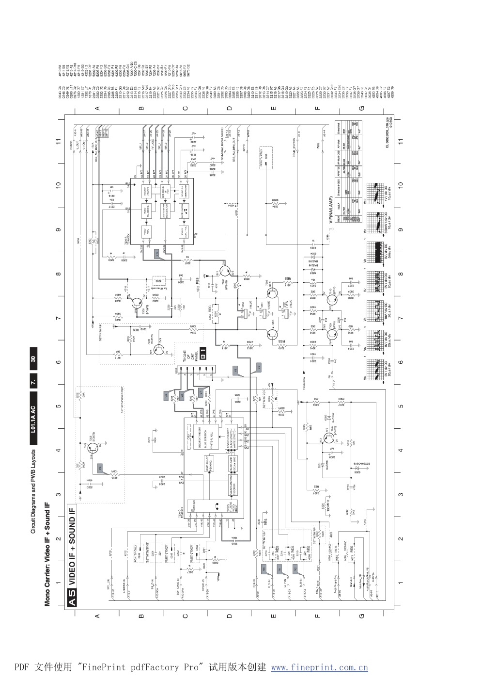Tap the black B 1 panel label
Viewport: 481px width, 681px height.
[x=203, y=355]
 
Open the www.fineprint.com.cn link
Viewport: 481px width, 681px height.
[x=319, y=667]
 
